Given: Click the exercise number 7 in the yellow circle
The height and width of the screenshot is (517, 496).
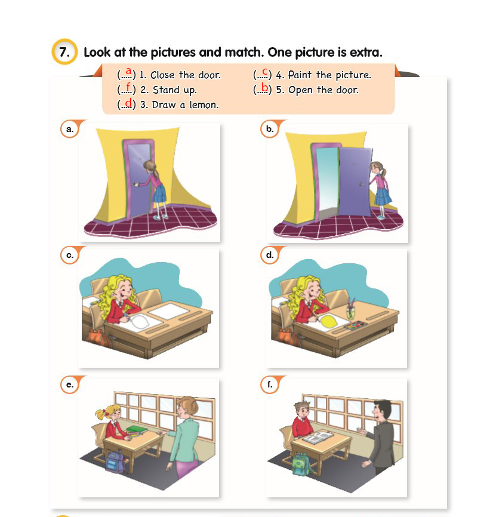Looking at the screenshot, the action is pos(64,52).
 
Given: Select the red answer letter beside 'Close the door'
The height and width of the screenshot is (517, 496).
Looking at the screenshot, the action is pos(128,71).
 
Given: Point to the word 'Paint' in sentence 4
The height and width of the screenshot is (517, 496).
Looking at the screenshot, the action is pos(299,75).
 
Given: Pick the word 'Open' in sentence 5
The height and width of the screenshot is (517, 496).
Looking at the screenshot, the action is pos(300,90).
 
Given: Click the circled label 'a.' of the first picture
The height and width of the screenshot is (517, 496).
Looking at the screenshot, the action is pos(70,129).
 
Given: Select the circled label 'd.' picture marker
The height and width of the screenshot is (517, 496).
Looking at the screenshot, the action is pos(270,255).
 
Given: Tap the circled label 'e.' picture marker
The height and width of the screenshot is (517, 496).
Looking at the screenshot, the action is pos(70,384).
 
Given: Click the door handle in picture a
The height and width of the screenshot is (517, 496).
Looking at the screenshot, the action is pos(135,184).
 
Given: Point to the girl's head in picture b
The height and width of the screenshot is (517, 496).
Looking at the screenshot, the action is pos(378,168).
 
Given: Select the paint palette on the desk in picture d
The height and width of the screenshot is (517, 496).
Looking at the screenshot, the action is pos(355,325).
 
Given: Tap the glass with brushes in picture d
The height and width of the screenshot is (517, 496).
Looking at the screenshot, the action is pos(350,309).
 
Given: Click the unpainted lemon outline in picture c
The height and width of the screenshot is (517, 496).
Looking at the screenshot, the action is pos(140,321).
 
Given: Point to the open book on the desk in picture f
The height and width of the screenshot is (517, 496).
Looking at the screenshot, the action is pos(318,438).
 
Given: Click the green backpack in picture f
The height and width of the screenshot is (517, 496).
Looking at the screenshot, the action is pos(301,464).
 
